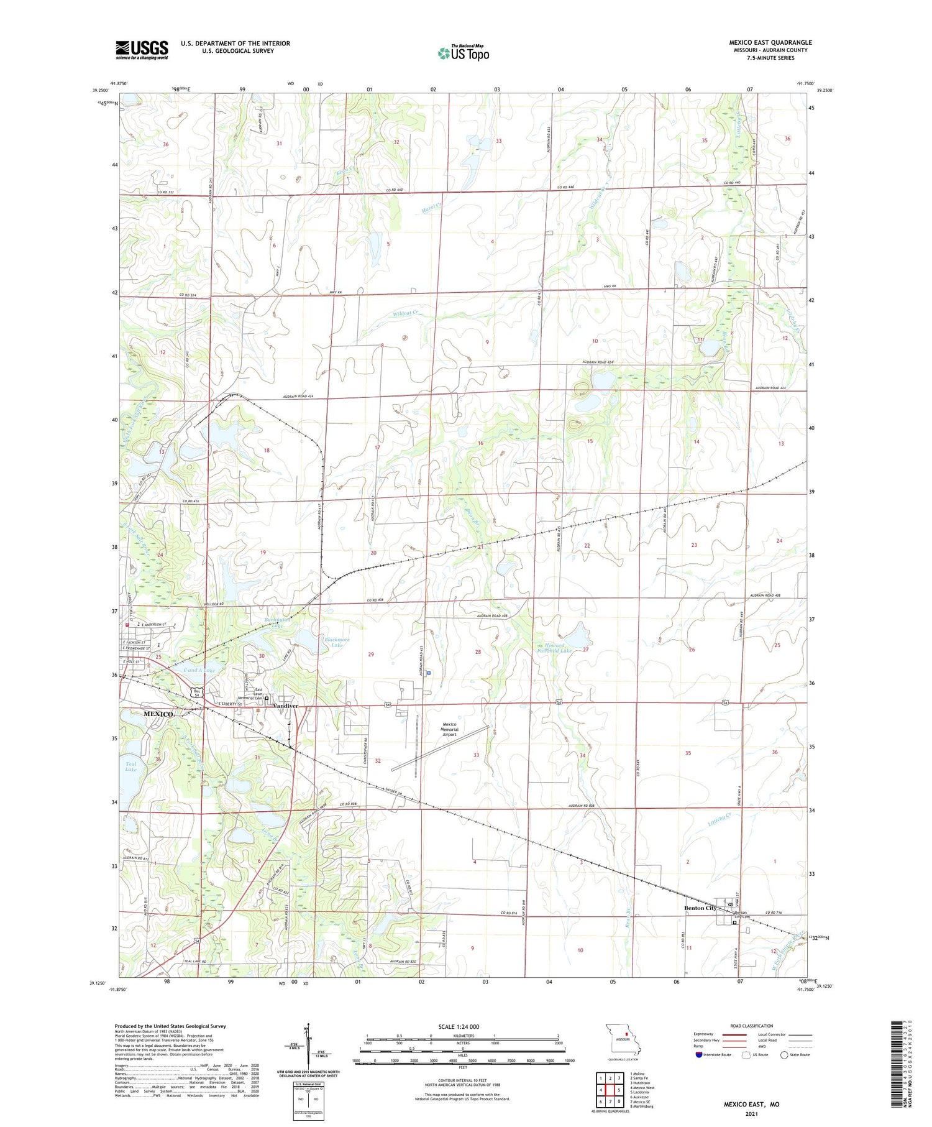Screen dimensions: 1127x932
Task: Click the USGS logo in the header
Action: point(142,50)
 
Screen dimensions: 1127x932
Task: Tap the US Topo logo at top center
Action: point(464,53)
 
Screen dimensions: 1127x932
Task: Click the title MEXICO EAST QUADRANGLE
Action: point(770,42)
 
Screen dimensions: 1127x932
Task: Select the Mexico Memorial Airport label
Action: point(449,729)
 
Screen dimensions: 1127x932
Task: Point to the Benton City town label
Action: point(700,908)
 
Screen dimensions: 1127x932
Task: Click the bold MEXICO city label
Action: point(158,714)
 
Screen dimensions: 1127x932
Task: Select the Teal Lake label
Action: point(131,767)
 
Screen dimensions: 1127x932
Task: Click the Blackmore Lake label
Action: point(337,643)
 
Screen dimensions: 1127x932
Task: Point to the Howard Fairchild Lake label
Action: point(554,648)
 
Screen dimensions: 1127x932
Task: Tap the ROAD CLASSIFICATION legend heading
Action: point(751,1026)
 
